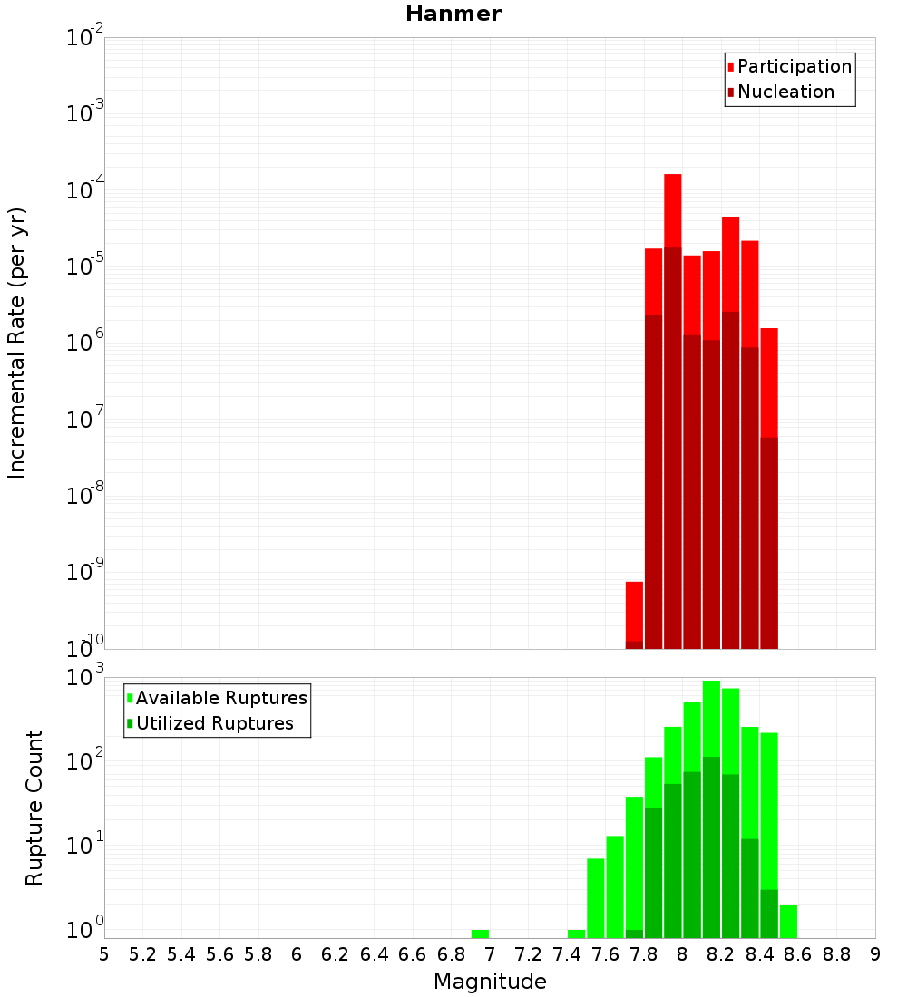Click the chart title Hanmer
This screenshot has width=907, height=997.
pos(453,14)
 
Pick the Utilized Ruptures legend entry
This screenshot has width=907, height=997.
pos(214,723)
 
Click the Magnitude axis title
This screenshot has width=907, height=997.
pos(490,982)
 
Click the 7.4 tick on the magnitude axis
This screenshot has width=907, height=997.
pos(567,953)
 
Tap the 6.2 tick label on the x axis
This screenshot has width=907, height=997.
pos(336,953)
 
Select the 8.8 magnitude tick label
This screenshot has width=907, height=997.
pos(836,953)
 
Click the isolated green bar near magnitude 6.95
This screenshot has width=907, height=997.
pos(480,934)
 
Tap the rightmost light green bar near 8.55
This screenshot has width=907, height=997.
pos(788,920)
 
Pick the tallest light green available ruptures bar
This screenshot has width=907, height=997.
pos(711,716)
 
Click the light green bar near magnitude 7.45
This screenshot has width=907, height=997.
pos(576,934)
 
